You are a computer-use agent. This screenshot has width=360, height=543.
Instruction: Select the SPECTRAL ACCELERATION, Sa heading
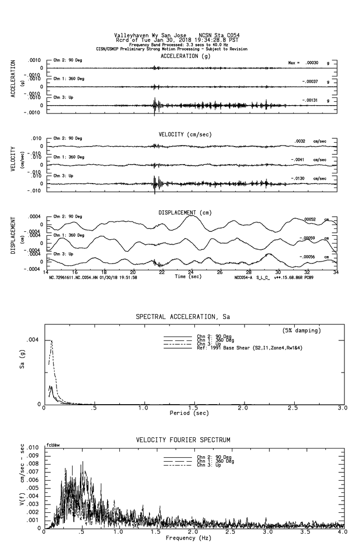[x=183, y=317]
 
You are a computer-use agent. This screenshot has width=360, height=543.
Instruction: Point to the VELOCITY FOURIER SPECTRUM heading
[x=183, y=440]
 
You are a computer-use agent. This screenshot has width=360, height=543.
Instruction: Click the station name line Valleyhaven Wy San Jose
[x=154, y=35]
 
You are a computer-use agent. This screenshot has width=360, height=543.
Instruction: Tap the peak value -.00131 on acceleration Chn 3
[x=311, y=100]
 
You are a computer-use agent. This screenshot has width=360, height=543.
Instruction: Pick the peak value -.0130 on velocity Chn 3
[x=299, y=179]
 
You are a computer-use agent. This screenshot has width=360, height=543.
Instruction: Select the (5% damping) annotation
[x=302, y=331]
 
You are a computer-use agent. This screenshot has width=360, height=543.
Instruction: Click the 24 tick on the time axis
[x=191, y=272]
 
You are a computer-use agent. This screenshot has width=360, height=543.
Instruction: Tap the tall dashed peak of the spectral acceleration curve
[x=52, y=341]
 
